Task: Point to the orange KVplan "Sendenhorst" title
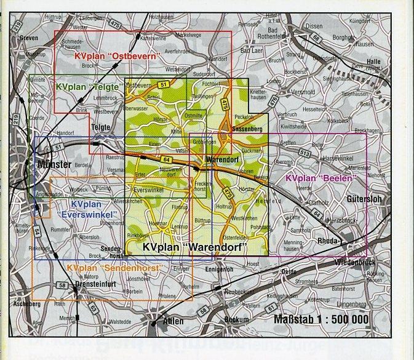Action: pos(114,269)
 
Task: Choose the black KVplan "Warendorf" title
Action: pos(194,247)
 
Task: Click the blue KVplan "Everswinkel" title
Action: pos(94,209)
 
